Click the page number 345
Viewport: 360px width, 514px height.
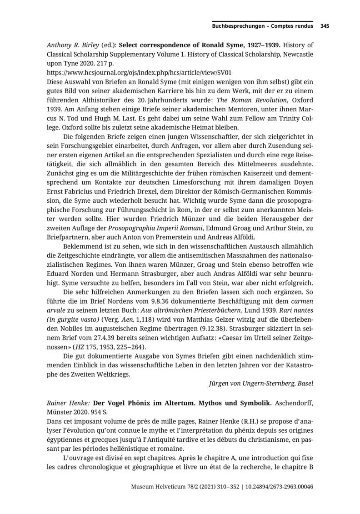(x=325, y=26)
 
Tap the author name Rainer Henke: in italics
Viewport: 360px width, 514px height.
(x=69, y=404)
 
